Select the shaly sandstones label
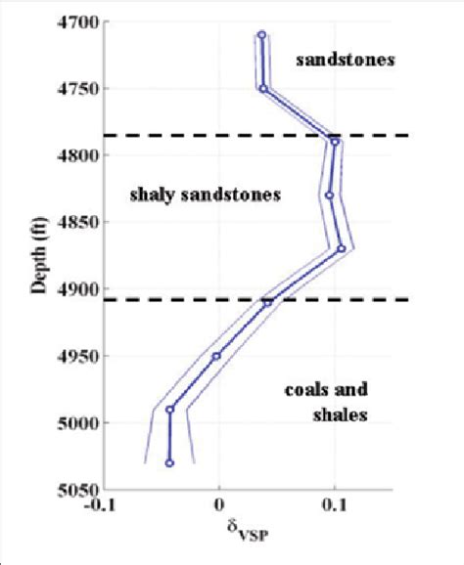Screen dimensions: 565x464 [x=205, y=196]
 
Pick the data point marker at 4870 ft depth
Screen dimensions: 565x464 [x=341, y=249]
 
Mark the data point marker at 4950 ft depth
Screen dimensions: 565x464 [x=216, y=356]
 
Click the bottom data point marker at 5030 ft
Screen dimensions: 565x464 [x=169, y=463]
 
